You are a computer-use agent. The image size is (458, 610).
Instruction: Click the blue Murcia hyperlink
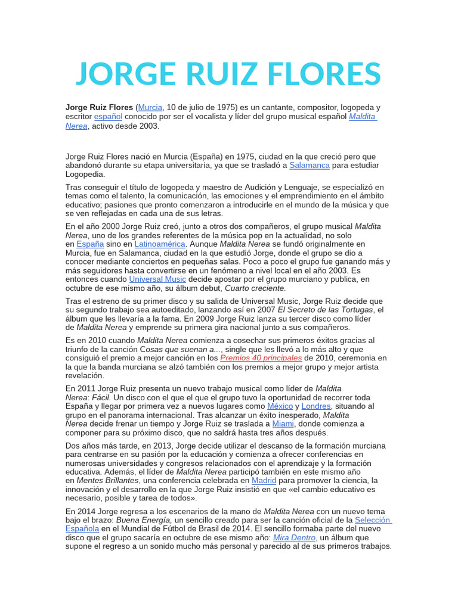[150, 107]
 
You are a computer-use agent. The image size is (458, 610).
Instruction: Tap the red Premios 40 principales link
[261, 358]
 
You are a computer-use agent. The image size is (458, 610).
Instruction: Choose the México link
[280, 406]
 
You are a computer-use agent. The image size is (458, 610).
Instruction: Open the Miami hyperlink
[283, 424]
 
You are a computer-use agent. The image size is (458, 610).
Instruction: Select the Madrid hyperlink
[264, 480]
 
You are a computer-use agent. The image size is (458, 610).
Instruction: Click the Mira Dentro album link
[294, 537]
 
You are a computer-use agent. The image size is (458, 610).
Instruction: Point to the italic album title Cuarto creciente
[250, 288]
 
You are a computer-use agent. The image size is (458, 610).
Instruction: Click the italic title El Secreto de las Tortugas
[326, 310]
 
